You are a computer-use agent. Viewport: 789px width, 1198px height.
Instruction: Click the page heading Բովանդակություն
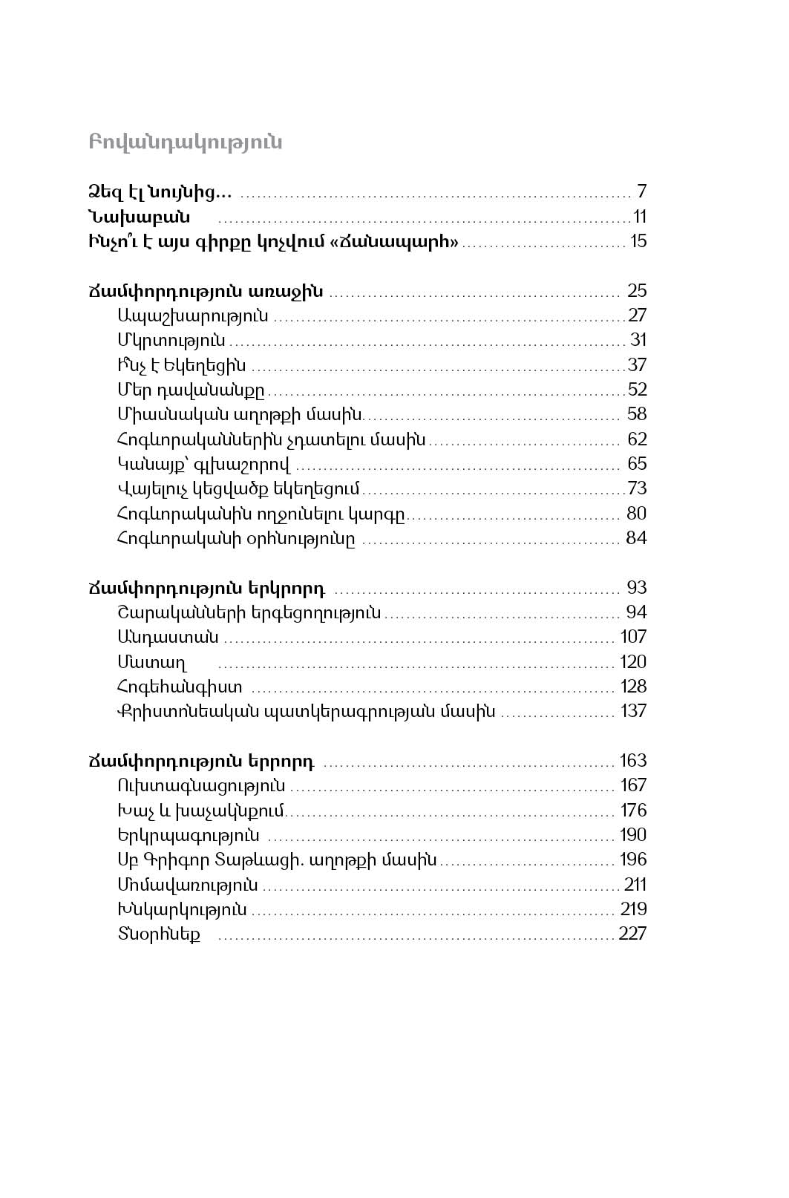(x=186, y=143)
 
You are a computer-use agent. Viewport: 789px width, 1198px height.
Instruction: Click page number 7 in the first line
(x=641, y=192)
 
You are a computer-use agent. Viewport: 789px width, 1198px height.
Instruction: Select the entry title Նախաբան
(x=139, y=217)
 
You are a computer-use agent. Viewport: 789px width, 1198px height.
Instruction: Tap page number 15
(x=638, y=241)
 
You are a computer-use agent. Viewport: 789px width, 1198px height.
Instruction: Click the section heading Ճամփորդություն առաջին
(x=206, y=291)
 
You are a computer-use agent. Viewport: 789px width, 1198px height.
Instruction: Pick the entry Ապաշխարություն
(x=193, y=315)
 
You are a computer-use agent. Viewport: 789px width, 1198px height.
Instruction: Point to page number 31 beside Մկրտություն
(x=638, y=340)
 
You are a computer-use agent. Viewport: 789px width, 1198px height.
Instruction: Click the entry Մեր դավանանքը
(x=191, y=390)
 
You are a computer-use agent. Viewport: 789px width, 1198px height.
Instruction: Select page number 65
(x=637, y=464)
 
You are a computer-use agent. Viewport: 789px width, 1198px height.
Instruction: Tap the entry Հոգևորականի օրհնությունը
(x=236, y=538)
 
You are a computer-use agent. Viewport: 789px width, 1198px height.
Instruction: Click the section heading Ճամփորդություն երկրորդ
(x=206, y=588)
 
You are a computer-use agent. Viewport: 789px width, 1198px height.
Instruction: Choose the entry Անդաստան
(x=168, y=637)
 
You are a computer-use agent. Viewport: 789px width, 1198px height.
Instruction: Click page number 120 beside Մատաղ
(x=633, y=662)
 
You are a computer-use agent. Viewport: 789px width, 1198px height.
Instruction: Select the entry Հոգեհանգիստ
(x=180, y=687)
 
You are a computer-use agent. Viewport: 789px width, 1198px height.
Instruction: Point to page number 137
(x=633, y=711)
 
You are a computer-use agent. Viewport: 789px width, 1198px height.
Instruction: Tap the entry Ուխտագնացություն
(x=201, y=785)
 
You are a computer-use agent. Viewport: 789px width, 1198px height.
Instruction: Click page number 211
(x=635, y=885)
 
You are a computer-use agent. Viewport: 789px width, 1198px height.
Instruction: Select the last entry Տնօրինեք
(x=159, y=934)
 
